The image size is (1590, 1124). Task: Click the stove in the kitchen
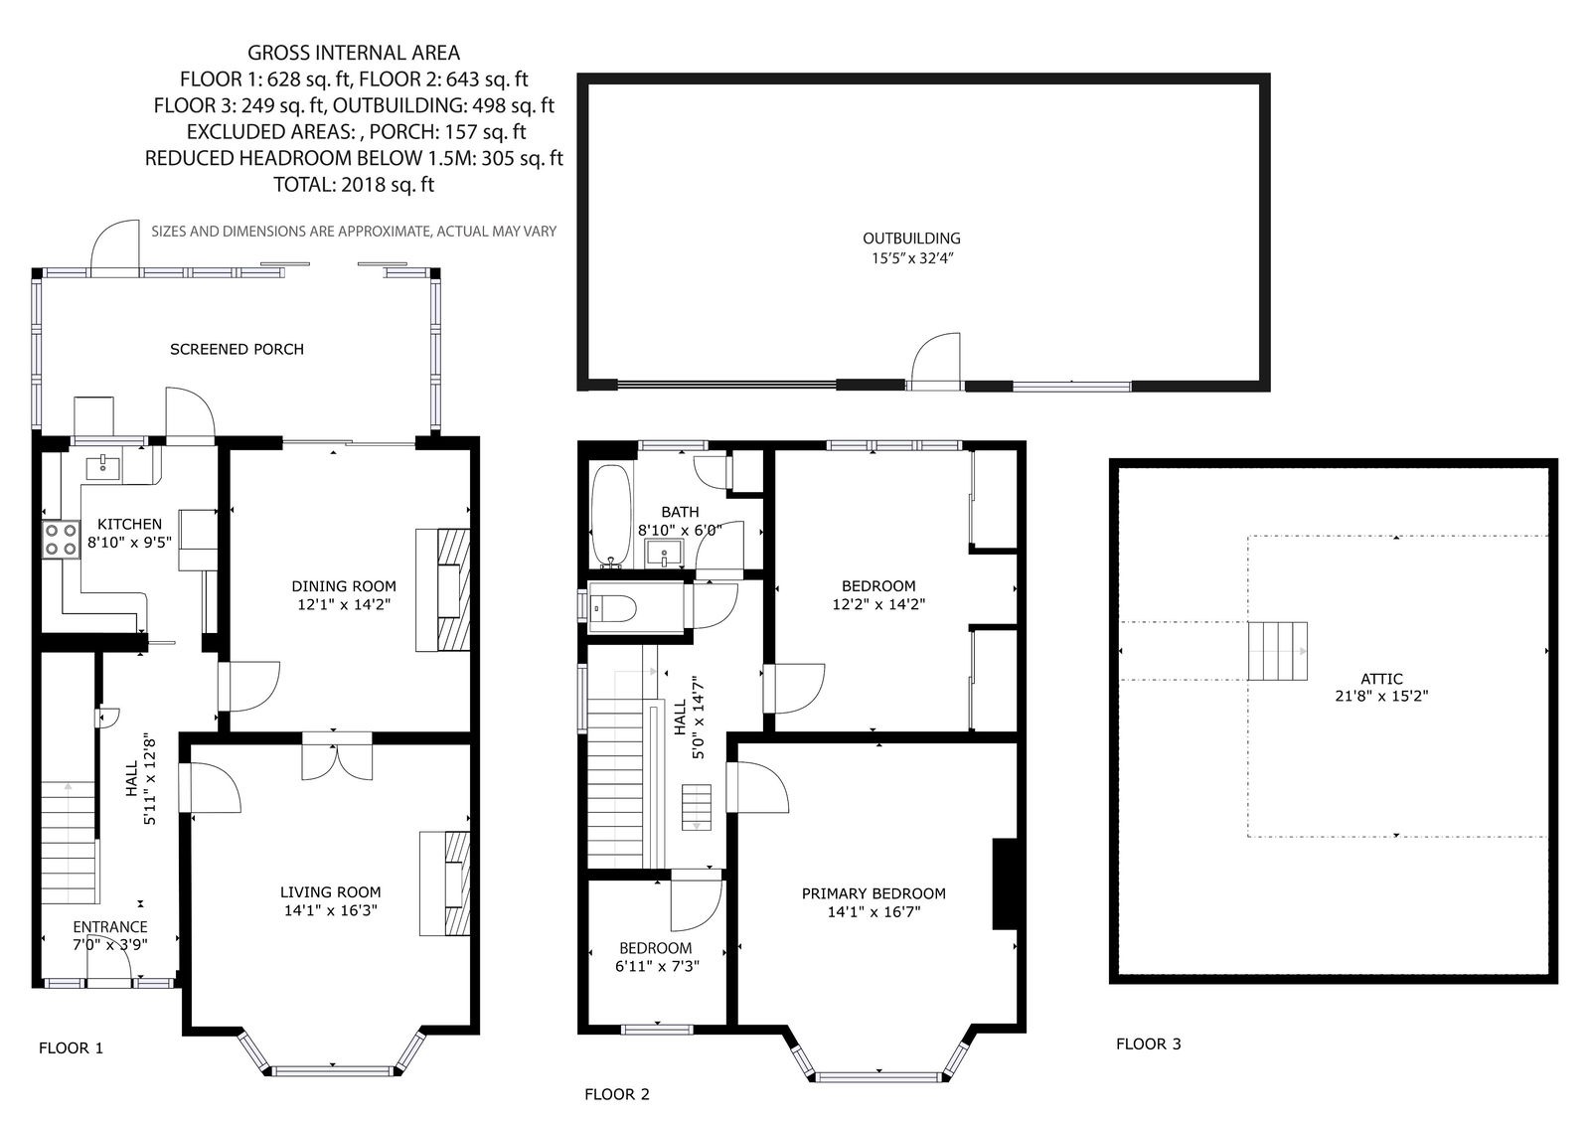[x=61, y=540]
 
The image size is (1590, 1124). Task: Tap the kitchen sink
[x=103, y=467]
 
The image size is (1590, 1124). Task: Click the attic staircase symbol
[x=1278, y=651]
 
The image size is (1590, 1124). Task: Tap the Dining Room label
[x=344, y=585]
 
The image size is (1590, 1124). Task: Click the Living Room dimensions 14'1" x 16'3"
[x=331, y=910]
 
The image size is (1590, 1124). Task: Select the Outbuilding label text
[x=911, y=239]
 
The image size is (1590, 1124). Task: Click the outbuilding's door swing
[x=936, y=360]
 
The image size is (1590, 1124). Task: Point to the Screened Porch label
[x=238, y=350]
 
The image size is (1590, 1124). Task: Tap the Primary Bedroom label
[x=874, y=893]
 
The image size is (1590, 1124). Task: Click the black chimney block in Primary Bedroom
[x=1004, y=884]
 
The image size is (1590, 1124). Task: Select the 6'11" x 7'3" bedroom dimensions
[x=657, y=966]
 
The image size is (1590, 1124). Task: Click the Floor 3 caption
[x=1149, y=1044]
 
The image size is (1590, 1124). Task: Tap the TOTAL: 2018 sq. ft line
[x=354, y=185]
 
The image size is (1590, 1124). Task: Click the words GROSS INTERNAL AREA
[x=354, y=53]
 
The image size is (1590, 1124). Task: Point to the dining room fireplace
[x=443, y=590]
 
